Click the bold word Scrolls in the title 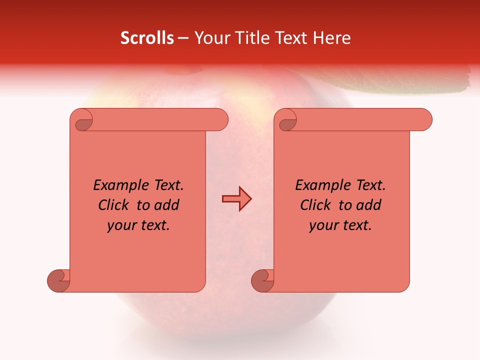[147, 38]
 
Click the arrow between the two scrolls [236, 199]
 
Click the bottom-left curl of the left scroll [59, 280]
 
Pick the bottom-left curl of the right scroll [263, 280]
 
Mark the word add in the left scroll [166, 205]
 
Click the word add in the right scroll [368, 205]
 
